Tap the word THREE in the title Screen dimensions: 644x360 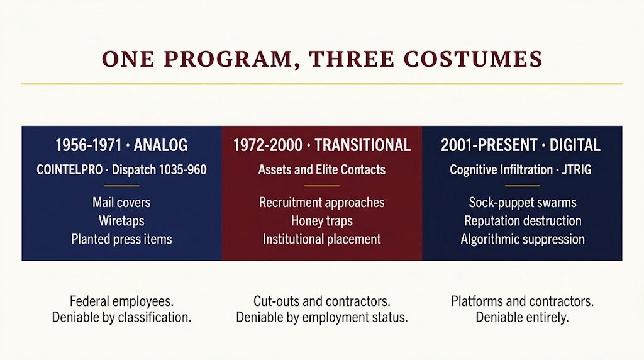[352, 59]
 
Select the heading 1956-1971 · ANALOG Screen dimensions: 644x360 [121, 145]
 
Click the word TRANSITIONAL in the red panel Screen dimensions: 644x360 [363, 145]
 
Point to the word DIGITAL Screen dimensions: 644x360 [575, 145]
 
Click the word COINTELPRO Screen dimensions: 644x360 [69, 170]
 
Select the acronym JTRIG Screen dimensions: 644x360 [577, 170]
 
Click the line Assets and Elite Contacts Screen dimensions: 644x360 [322, 170]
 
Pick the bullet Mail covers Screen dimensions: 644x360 [121, 202]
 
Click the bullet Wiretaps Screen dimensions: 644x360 [121, 221]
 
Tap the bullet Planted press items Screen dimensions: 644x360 [121, 239]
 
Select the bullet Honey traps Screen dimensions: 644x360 [322, 221]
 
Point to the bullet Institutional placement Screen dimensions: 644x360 [322, 239]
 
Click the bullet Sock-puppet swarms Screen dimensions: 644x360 [523, 202]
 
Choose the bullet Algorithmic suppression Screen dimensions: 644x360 [523, 239]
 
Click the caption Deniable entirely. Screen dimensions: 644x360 [523, 317]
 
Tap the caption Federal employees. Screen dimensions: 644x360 [121, 301]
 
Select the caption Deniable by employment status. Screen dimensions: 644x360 [322, 317]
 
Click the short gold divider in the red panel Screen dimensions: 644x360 [322, 186]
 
